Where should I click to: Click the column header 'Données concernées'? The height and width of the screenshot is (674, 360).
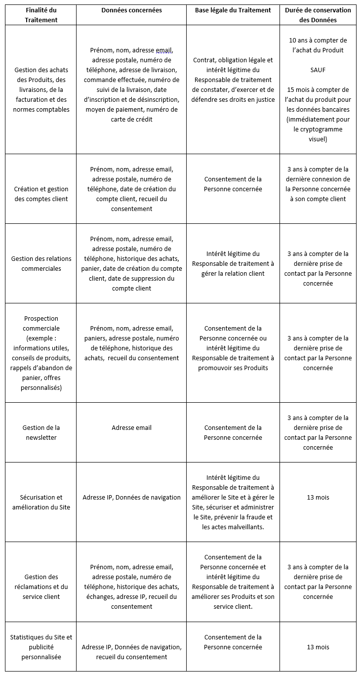[131, 10]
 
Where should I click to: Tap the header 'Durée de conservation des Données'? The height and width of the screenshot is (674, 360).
[318, 15]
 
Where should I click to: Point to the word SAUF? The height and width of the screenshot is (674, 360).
[318, 70]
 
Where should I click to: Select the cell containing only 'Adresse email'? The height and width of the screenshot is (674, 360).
[131, 427]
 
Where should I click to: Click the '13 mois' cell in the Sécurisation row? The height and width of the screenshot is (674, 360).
[318, 497]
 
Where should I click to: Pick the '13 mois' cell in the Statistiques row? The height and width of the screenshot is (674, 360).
[318, 647]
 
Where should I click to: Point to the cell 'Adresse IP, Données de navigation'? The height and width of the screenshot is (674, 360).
[131, 497]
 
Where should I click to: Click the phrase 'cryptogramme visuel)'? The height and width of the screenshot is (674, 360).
[318, 134]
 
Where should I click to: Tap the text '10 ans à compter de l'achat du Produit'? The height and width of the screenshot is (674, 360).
[318, 45]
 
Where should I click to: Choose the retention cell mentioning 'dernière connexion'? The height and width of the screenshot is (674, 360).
[318, 184]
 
